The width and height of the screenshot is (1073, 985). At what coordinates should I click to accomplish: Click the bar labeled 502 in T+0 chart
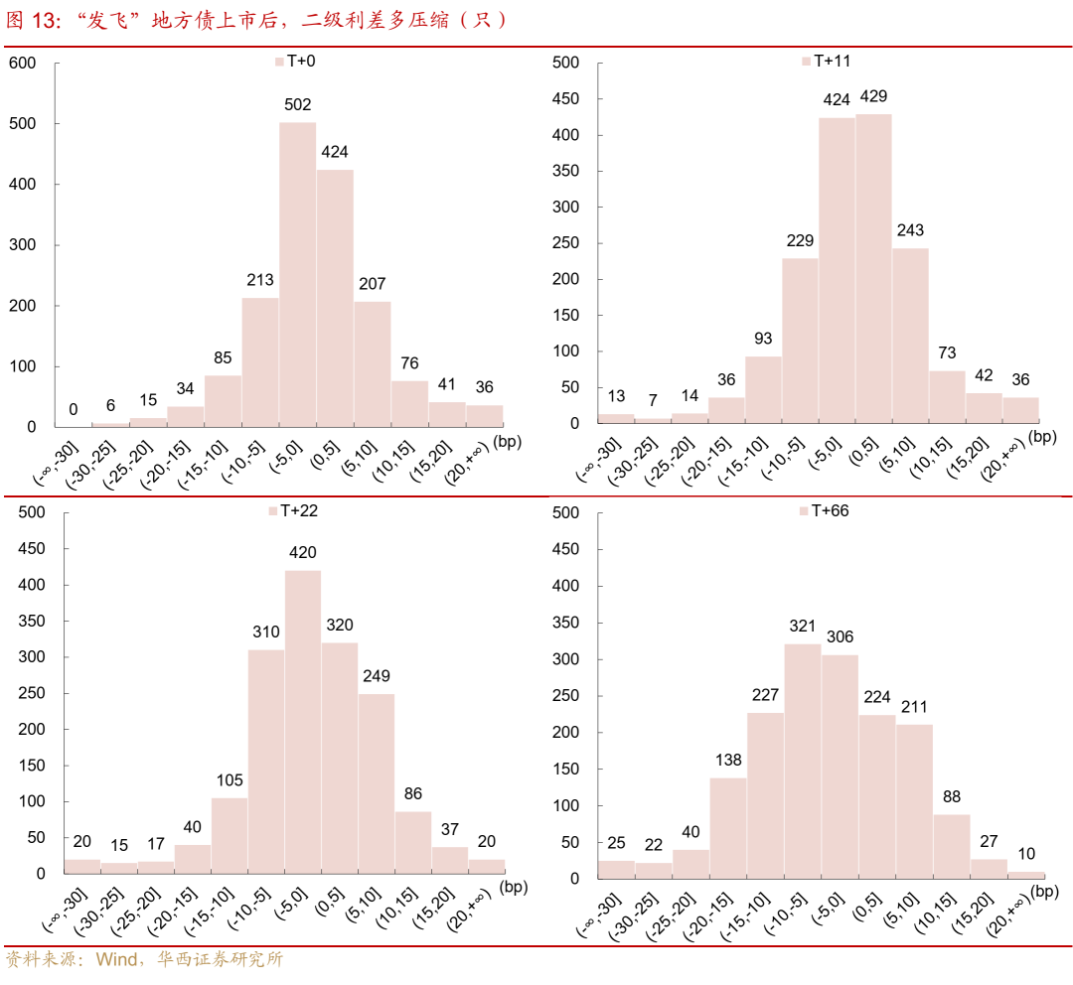[297, 274]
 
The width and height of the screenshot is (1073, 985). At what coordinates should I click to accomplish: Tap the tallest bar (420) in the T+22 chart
[303, 721]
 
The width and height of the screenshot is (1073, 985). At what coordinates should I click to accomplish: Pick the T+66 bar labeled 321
[802, 761]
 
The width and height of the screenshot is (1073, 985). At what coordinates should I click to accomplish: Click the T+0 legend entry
[295, 61]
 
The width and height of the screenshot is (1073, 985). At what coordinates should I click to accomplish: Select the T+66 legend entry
[824, 510]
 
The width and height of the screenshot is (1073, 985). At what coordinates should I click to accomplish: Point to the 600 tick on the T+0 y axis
[22, 63]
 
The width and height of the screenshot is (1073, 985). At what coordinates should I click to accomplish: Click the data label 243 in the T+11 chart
[910, 230]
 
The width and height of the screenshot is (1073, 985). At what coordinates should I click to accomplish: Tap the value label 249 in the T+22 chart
[377, 676]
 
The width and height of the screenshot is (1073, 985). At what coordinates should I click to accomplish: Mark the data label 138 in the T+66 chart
[728, 760]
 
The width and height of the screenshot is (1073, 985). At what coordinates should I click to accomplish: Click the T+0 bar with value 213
[260, 361]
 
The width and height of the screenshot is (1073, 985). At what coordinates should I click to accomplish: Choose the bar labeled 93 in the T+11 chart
[763, 389]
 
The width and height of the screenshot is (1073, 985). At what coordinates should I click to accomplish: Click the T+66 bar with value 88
[951, 846]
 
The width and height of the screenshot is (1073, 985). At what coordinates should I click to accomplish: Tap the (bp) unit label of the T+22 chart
[517, 886]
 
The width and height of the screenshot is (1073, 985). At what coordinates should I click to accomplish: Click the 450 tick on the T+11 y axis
[565, 99]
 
